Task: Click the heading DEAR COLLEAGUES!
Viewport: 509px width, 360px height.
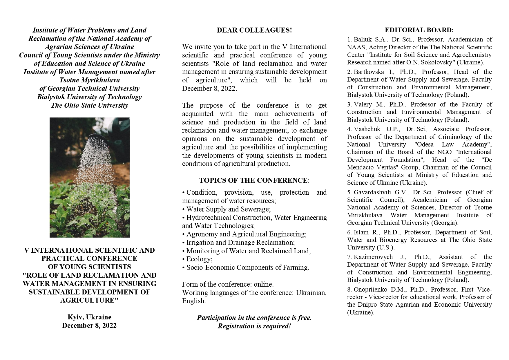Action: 254,30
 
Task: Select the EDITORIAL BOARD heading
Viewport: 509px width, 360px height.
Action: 419,30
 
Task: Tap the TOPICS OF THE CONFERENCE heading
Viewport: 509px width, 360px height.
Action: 253,180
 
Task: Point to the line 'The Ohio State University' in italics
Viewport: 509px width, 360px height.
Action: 89,105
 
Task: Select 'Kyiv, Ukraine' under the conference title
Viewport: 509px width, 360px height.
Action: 89,317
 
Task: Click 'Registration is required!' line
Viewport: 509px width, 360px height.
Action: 254,326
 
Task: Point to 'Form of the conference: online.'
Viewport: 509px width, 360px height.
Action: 228,284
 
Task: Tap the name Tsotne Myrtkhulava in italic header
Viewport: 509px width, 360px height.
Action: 89,80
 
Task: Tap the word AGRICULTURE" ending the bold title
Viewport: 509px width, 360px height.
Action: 89,300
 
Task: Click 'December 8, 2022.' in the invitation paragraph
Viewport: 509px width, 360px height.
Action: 209,89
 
